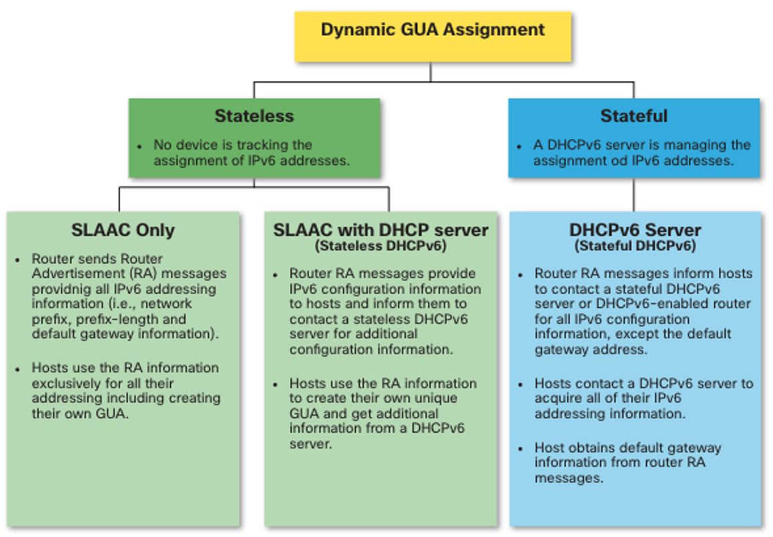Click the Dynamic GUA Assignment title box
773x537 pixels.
point(433,37)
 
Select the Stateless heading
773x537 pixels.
point(254,116)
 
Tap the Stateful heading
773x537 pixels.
point(634,116)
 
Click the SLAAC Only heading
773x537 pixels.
point(123,230)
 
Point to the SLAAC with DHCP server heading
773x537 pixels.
point(380,230)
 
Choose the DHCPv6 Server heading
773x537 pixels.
point(635,230)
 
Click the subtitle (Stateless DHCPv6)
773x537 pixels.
point(380,246)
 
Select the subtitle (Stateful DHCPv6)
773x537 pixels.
point(635,246)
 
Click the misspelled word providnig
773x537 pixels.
point(62,289)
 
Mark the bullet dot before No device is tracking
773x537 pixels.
point(140,146)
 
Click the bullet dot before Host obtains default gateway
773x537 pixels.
point(520,449)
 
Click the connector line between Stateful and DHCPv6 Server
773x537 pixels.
point(633,195)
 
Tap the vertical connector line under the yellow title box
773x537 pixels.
point(431,71)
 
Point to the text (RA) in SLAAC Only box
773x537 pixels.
point(144,274)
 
